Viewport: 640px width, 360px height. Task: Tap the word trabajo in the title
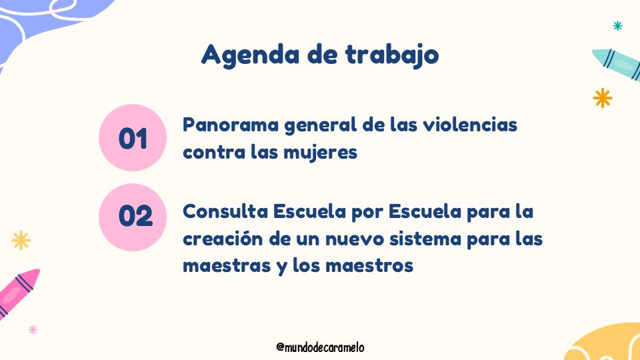tap(392, 54)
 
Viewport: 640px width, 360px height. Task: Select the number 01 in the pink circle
tap(133, 139)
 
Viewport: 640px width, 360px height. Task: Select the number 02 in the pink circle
tap(135, 215)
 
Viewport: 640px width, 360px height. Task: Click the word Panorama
tap(231, 125)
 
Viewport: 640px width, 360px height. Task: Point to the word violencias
tap(470, 125)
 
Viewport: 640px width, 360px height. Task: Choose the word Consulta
tap(225, 211)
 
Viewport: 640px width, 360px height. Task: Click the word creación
tap(223, 239)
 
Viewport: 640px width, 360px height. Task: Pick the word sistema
tap(425, 239)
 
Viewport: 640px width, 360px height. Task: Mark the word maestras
tap(227, 266)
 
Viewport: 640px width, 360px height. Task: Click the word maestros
tap(369, 266)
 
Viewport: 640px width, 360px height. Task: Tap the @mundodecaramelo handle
tap(321, 347)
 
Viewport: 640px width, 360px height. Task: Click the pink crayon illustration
tap(19, 292)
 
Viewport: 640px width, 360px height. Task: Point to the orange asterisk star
tap(603, 98)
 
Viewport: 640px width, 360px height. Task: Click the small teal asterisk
tap(617, 26)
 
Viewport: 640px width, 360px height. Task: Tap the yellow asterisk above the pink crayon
tap(21, 241)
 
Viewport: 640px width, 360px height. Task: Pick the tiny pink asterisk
tap(33, 329)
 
